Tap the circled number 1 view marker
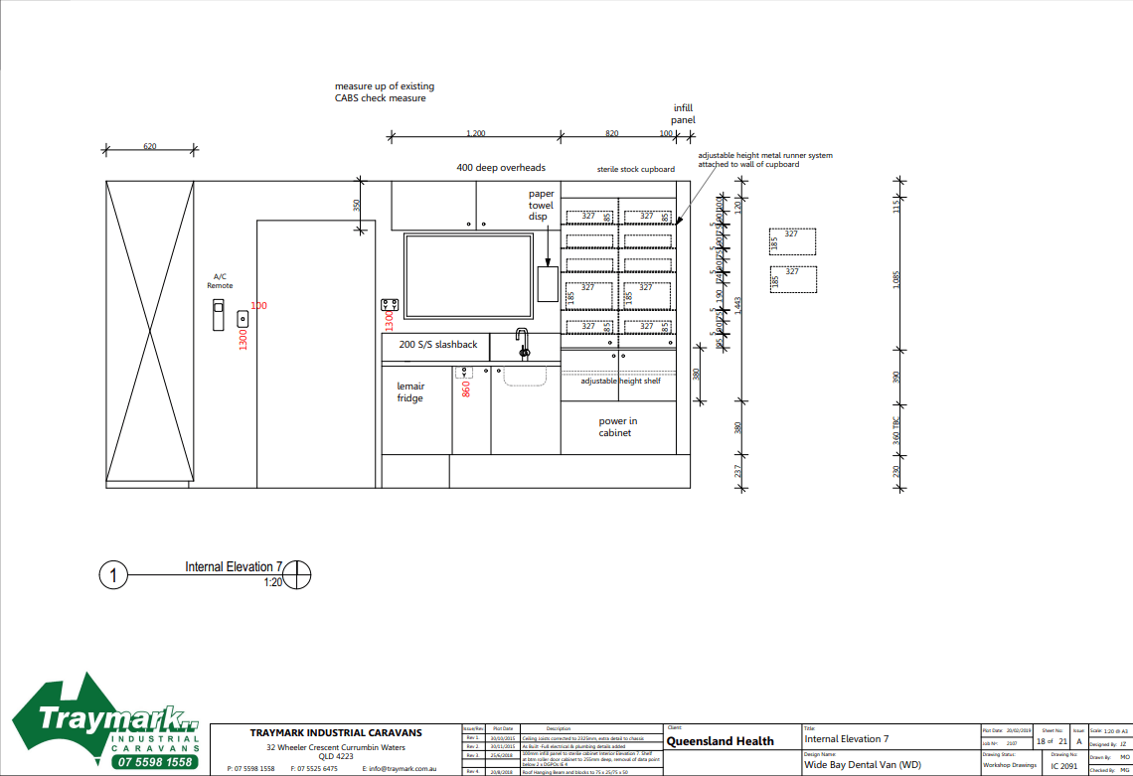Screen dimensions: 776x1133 [x=114, y=575]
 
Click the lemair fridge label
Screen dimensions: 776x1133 [x=410, y=391]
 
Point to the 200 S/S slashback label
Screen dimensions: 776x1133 [x=438, y=345]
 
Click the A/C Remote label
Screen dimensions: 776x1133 [x=220, y=281]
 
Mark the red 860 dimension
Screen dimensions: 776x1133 [x=465, y=388]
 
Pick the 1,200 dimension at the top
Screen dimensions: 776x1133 [x=476, y=133]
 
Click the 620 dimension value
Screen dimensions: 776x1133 [x=150, y=146]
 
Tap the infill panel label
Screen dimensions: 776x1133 [x=683, y=113]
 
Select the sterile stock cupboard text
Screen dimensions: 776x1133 [x=636, y=170]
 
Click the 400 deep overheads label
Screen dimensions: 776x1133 [x=501, y=168]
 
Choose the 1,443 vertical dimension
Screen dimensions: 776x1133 [x=736, y=304]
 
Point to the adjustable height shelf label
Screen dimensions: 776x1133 [x=621, y=381]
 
